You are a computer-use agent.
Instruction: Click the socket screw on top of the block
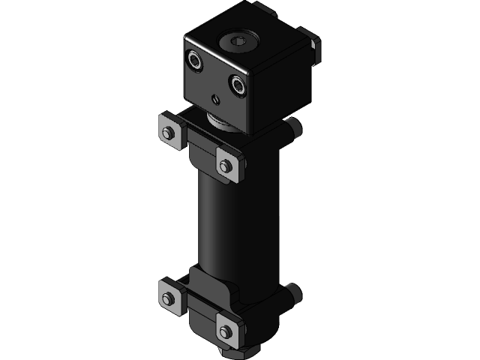pos(239,41)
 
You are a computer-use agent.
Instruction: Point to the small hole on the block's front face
pos(215,98)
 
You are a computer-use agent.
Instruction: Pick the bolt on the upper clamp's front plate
pos(226,165)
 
